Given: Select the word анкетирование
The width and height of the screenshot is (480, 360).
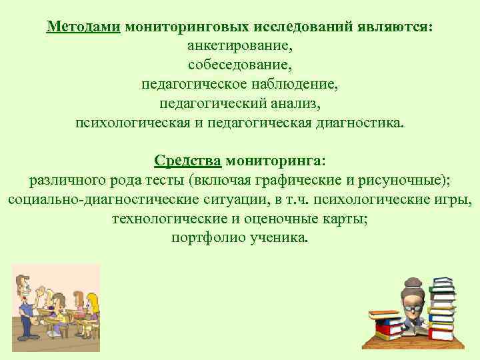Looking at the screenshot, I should click(240, 47).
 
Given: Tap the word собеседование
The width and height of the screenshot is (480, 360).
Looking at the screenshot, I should click(240, 66).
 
